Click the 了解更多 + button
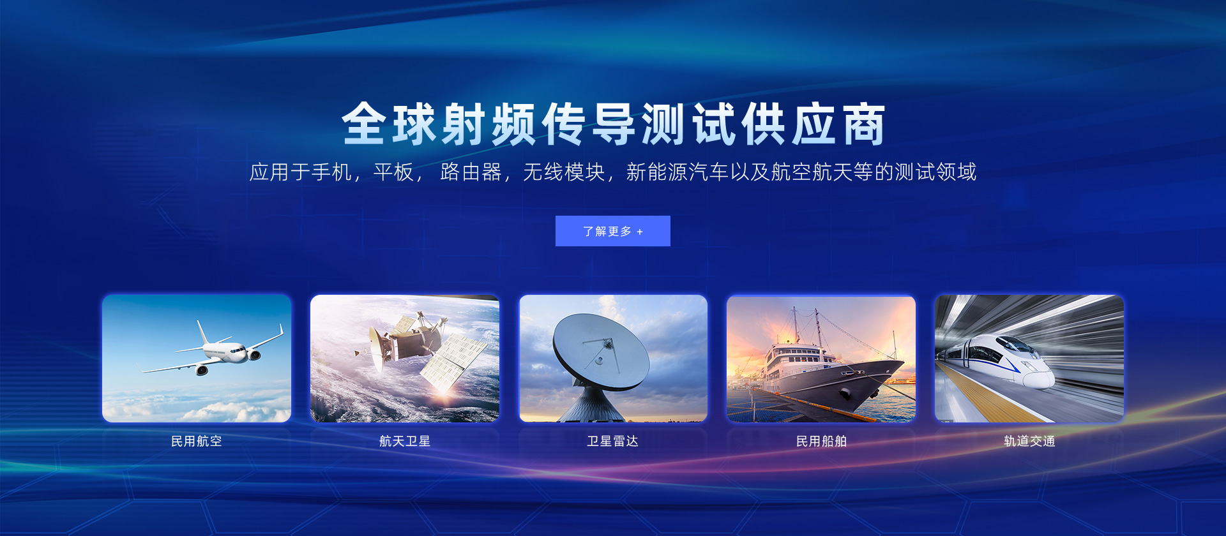point(612,231)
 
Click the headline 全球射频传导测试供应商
point(613,124)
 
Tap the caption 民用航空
point(197,441)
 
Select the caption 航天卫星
point(405,441)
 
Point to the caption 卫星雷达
point(613,441)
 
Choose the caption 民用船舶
point(821,441)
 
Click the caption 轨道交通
point(1029,441)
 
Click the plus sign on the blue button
point(640,232)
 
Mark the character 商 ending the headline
point(865,124)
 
